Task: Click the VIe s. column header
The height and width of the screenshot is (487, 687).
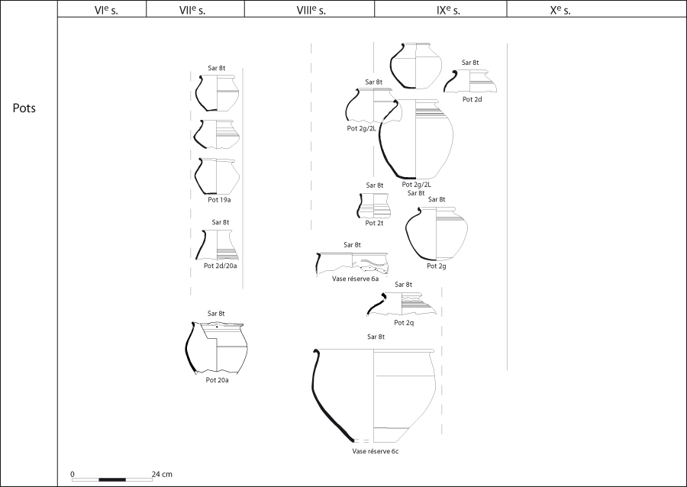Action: pos(106,11)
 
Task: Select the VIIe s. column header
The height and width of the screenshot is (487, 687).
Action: pos(192,11)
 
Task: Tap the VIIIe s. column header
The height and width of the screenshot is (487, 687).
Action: pos(311,11)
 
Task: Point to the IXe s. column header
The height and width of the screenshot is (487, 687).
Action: pos(448,11)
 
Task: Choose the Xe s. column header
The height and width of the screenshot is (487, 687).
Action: pos(560,11)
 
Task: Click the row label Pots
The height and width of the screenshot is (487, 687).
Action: pos(24,108)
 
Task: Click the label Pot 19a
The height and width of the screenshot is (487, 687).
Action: pos(219,200)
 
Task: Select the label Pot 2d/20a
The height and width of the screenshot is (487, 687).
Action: pos(221,266)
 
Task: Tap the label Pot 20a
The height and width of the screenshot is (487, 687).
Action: pos(218,380)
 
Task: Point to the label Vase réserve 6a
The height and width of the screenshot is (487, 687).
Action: pos(355,279)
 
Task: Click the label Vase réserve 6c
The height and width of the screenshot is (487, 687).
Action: pos(376,451)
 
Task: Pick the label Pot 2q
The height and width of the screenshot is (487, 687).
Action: pos(404,323)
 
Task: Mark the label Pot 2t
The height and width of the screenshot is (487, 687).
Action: pos(374,223)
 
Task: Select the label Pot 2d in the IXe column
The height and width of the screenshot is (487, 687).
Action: pos(473,99)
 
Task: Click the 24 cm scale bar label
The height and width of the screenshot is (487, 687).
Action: pos(162,474)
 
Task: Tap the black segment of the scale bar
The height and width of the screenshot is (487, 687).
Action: pos(112,479)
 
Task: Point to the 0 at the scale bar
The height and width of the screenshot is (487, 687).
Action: pos(73,474)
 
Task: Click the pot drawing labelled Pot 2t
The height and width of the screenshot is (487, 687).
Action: pos(373,205)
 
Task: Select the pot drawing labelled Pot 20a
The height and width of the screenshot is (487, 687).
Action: pos(217,348)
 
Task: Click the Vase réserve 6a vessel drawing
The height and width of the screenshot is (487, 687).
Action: pos(352,264)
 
